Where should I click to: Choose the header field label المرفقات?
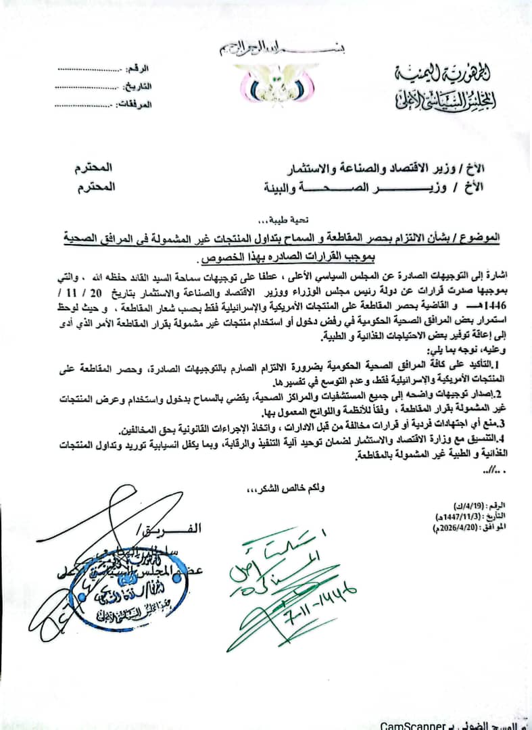pos(135,104)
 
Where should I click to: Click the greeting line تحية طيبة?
pos(265,220)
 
